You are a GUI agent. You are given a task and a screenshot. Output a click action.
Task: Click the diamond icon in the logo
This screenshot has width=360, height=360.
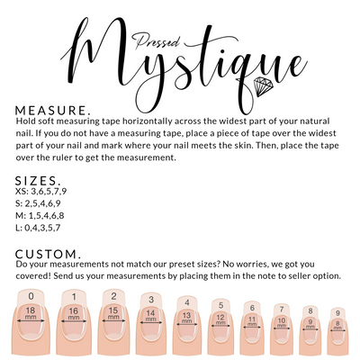[264, 86]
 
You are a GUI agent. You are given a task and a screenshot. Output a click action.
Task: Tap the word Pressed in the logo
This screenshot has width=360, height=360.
[157, 41]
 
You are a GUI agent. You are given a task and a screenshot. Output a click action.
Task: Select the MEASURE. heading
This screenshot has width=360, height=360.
[53, 111]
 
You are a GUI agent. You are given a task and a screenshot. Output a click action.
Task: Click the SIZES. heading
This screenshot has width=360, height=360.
[38, 181]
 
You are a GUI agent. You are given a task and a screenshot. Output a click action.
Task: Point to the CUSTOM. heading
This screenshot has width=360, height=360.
[48, 254]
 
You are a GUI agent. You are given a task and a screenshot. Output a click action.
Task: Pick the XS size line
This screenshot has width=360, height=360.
[40, 192]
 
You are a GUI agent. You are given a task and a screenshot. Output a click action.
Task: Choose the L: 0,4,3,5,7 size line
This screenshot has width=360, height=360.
[38, 228]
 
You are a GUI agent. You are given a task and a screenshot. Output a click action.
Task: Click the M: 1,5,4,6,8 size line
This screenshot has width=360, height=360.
[40, 216]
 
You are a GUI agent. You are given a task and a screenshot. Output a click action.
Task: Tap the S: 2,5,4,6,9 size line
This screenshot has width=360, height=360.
[38, 203]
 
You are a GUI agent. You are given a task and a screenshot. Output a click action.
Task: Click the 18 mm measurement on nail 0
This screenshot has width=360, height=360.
[31, 313]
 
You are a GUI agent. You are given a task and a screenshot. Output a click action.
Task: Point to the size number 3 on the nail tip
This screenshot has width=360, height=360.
[151, 299]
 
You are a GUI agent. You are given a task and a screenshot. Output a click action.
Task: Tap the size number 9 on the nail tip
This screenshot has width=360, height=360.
[337, 313]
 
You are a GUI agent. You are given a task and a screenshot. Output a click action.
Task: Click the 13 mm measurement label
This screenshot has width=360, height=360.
[186, 318]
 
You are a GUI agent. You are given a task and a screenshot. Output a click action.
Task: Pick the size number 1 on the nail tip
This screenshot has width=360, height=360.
[74, 297]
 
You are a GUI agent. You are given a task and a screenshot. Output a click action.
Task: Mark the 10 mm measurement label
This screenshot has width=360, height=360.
[282, 322]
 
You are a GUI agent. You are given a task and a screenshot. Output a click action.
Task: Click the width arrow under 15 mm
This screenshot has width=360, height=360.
[113, 320]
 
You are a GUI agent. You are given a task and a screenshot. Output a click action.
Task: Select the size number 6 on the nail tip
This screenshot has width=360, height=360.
[252, 308]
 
